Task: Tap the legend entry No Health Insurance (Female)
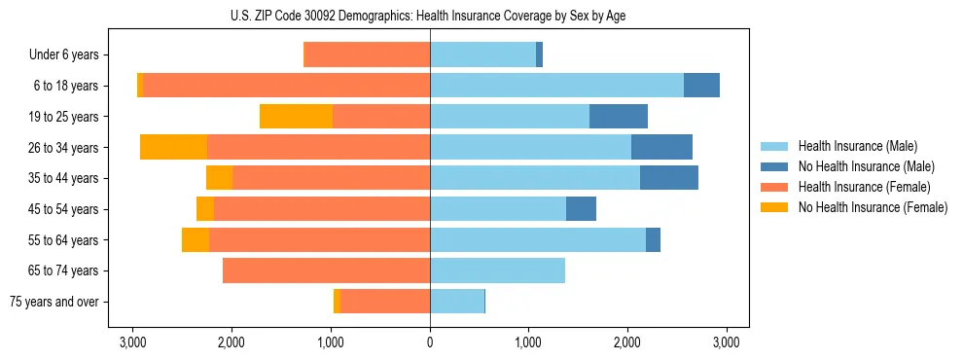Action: pyautogui.click(x=873, y=207)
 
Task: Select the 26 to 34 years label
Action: pyautogui.click(x=64, y=148)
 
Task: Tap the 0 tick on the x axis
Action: pyautogui.click(x=430, y=342)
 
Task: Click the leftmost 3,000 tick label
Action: pyautogui.click(x=132, y=342)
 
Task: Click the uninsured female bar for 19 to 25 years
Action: pyautogui.click(x=296, y=117)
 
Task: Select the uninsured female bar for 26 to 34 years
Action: pyautogui.click(x=173, y=147)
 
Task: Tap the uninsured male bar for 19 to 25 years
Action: pyautogui.click(x=619, y=117)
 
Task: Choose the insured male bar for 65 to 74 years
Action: pyautogui.click(x=497, y=270)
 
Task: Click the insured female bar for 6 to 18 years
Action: pyautogui.click(x=287, y=86)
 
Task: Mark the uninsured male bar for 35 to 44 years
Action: pyautogui.click(x=669, y=178)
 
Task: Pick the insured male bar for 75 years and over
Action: pyautogui.click(x=457, y=302)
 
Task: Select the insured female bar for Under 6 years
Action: pyautogui.click(x=368, y=55)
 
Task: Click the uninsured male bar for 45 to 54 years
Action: pyautogui.click(x=581, y=209)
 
